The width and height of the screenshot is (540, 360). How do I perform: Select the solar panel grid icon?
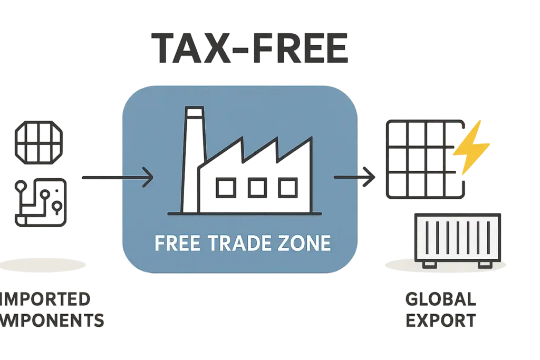(422, 160)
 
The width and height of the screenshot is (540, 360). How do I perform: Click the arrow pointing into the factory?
(117, 178)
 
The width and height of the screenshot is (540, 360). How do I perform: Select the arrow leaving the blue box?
(356, 177)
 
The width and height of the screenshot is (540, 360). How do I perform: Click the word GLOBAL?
(441, 300)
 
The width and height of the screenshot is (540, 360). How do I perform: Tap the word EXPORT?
(441, 319)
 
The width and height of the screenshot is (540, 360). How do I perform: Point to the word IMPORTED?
(46, 300)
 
